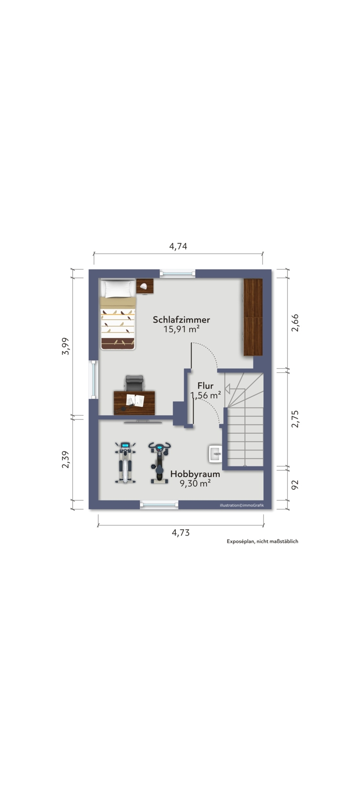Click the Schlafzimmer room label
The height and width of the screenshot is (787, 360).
(181, 319)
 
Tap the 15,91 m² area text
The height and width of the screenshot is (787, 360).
(181, 329)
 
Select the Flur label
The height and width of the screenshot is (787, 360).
(205, 386)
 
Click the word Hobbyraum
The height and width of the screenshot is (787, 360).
(195, 474)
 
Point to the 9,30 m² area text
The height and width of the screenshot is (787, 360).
(195, 483)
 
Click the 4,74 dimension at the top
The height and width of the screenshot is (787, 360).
(178, 246)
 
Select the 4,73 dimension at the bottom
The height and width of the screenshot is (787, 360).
(180, 533)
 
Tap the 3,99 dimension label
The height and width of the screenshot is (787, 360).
(66, 346)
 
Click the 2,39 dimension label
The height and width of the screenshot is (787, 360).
(66, 460)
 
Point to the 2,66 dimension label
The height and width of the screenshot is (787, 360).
(295, 323)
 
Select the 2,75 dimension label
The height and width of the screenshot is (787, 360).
(295, 419)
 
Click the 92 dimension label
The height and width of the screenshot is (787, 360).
(295, 485)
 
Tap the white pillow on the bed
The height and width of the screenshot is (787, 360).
(118, 289)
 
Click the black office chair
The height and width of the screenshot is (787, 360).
(134, 384)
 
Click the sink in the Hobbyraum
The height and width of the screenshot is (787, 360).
(215, 454)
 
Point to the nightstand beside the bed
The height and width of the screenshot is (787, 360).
(145, 287)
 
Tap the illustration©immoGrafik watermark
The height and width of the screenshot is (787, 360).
(242, 505)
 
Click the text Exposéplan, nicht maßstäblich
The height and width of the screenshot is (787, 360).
(262, 541)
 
